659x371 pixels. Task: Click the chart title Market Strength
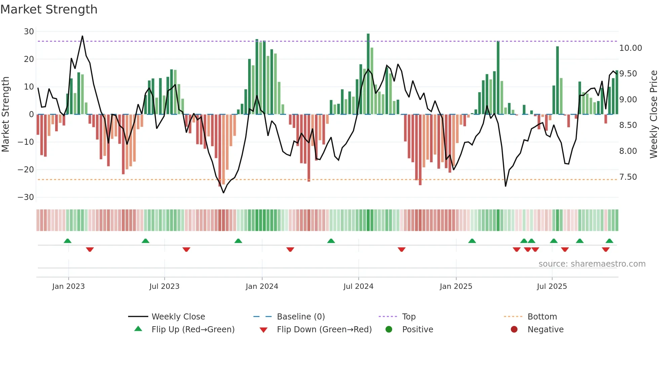point(49,9)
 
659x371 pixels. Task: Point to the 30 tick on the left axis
point(29,32)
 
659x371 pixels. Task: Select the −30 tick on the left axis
point(26,197)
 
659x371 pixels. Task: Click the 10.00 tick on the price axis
point(630,48)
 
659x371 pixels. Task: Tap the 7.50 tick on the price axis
point(628,177)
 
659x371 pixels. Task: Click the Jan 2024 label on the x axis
point(262,286)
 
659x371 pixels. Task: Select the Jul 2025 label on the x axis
point(552,286)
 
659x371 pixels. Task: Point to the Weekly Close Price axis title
point(653,114)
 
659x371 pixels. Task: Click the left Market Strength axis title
point(5,114)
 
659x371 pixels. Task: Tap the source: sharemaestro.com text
point(592,264)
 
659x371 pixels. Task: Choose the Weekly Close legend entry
point(178,317)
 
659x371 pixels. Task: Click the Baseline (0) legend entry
point(301,317)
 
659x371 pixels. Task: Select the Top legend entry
point(409,317)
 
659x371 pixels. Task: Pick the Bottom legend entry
point(542,317)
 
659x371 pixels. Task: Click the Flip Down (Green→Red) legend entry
point(324,330)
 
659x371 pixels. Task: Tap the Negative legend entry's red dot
point(514,330)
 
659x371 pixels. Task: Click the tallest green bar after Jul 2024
point(368,74)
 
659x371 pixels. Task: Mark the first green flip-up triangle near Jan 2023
point(68,241)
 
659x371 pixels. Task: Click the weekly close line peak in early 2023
point(82,36)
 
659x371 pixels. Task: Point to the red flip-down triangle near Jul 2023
point(186,249)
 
